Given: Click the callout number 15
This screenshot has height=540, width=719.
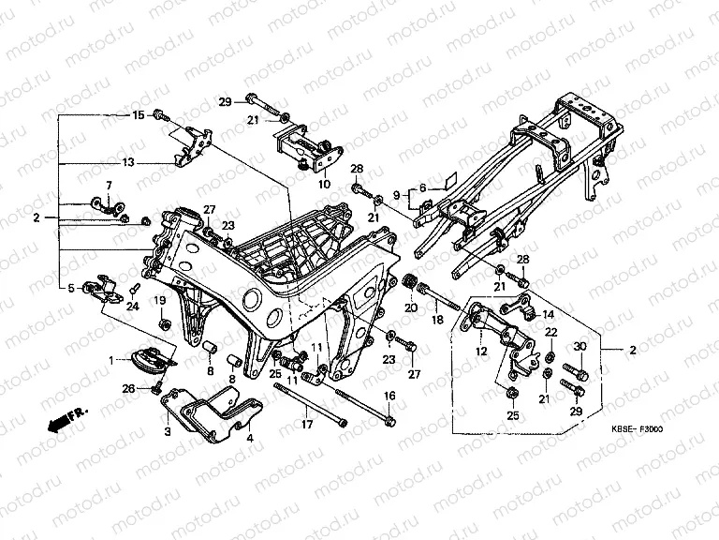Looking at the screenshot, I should click(138, 115).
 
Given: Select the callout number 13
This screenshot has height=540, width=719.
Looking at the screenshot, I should click(127, 162).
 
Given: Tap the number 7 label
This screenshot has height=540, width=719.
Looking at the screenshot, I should click(108, 186).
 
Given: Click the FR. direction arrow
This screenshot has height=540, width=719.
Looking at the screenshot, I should click(64, 415).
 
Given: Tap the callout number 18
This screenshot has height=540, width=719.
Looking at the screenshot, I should click(436, 321).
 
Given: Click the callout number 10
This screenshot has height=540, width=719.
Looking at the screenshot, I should click(324, 185).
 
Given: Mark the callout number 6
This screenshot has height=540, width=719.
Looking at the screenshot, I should click(422, 187).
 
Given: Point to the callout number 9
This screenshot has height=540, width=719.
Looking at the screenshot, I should click(397, 195).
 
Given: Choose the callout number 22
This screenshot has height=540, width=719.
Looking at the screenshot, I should click(551, 333).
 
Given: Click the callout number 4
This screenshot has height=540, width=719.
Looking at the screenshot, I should click(250, 437).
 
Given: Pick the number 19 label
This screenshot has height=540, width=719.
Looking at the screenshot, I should click(160, 300).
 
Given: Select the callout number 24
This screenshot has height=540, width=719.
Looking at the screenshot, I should click(133, 307).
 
